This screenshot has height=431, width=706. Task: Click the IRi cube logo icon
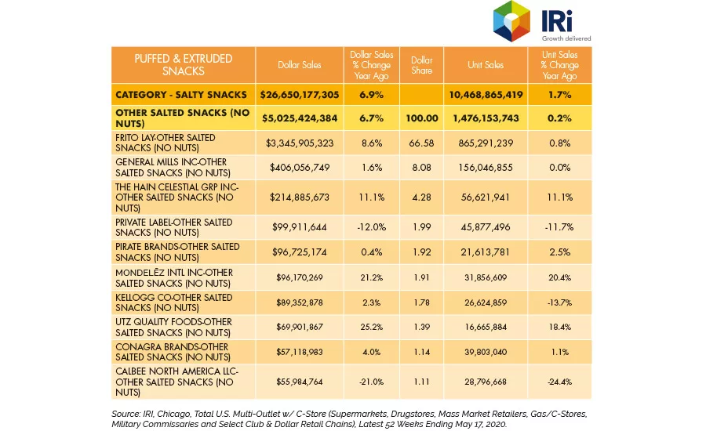pyautogui.click(x=511, y=21)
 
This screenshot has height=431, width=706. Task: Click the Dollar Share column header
pyautogui.click(x=421, y=65)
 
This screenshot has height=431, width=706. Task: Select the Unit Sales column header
pyautogui.click(x=486, y=65)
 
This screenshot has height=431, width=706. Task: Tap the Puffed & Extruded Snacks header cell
pyautogui.click(x=184, y=65)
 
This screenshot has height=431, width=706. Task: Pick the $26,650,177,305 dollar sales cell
pyautogui.click(x=300, y=95)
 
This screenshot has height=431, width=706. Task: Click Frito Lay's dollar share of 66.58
pyautogui.click(x=421, y=143)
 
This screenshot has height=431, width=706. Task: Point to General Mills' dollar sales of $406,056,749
pyautogui.click(x=300, y=168)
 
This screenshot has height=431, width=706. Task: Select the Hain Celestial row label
pyautogui.click(x=177, y=197)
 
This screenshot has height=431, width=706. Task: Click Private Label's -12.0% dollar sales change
pyautogui.click(x=372, y=227)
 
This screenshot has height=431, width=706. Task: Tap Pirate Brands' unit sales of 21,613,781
pyautogui.click(x=486, y=252)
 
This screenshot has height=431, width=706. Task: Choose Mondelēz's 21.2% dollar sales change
pyautogui.click(x=372, y=277)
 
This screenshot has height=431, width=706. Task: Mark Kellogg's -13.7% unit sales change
pyautogui.click(x=559, y=302)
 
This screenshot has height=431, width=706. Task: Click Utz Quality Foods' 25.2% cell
pyautogui.click(x=372, y=327)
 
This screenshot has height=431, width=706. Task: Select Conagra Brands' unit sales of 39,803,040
pyautogui.click(x=486, y=352)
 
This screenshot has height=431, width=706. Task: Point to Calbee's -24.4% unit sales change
pyautogui.click(x=559, y=382)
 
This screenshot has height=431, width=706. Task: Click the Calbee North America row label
pyautogui.click(x=177, y=382)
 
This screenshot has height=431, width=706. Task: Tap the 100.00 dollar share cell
pyautogui.click(x=421, y=118)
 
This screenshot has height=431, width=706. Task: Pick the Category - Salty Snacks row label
pyautogui.click(x=181, y=95)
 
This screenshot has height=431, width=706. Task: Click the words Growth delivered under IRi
pyautogui.click(x=566, y=38)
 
